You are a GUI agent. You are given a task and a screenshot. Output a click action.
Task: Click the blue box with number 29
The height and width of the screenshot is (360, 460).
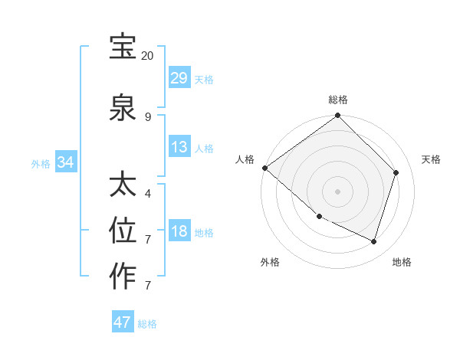[x=179, y=78]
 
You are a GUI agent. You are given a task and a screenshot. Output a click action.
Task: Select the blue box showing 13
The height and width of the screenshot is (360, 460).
[x=179, y=147]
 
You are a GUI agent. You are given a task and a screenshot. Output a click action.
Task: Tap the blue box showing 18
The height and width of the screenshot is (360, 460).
[x=179, y=231]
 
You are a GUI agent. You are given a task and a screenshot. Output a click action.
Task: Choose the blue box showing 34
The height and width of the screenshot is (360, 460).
[x=65, y=162]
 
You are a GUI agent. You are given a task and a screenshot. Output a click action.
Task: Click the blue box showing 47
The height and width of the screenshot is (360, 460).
[x=123, y=322]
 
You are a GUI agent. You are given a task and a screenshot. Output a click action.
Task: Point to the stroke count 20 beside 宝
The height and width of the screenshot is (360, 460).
[x=148, y=56]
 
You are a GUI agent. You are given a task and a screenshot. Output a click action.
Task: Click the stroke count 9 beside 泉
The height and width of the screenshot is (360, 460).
[x=148, y=117]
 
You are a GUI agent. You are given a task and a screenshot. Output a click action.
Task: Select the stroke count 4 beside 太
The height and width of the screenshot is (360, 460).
[x=148, y=194]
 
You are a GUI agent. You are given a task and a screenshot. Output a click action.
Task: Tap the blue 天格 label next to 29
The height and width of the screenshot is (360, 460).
[x=204, y=79]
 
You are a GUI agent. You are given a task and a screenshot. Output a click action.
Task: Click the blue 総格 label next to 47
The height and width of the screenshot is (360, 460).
[x=147, y=323]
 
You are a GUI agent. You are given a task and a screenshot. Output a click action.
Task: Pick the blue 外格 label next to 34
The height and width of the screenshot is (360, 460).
[x=41, y=163]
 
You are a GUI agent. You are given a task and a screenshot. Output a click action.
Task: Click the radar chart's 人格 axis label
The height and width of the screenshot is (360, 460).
[x=245, y=159]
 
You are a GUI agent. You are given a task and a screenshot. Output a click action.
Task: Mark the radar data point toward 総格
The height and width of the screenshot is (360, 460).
[x=337, y=116]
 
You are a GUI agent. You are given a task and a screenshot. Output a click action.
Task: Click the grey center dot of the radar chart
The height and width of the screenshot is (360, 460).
[x=337, y=191]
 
